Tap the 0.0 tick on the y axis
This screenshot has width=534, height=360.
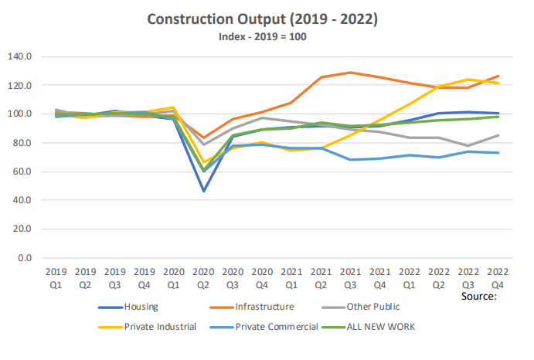click(24, 258)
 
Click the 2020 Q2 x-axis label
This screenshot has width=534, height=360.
click(203, 277)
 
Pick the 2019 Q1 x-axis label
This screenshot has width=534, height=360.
click(55, 277)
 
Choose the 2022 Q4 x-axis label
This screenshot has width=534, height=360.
click(499, 277)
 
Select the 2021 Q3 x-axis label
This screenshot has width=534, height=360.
click(351, 277)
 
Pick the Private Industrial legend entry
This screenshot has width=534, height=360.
click(170, 327)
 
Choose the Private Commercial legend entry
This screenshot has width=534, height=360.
click(276, 327)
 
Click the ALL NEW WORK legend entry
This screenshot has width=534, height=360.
click(379, 327)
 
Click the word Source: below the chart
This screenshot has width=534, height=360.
click(480, 296)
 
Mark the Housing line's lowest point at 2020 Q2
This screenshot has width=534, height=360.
click(203, 191)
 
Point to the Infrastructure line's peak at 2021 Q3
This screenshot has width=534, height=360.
click(351, 73)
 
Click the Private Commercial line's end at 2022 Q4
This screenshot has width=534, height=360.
click(499, 153)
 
